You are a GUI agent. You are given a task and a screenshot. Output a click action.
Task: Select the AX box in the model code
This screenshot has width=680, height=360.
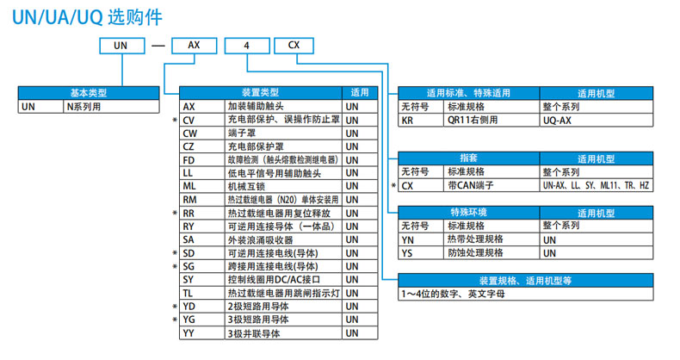(195, 46)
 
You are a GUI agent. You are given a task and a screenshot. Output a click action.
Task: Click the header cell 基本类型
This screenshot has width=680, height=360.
(90, 91)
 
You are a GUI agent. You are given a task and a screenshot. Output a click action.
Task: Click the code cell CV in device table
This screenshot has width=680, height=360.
(191, 120)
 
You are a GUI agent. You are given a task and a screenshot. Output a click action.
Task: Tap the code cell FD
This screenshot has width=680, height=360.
(190, 159)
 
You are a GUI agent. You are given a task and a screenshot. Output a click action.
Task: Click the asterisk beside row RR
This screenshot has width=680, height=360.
(174, 213)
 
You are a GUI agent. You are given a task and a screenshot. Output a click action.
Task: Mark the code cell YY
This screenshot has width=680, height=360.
(190, 332)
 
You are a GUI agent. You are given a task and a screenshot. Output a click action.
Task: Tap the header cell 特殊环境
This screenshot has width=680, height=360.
(468, 212)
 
